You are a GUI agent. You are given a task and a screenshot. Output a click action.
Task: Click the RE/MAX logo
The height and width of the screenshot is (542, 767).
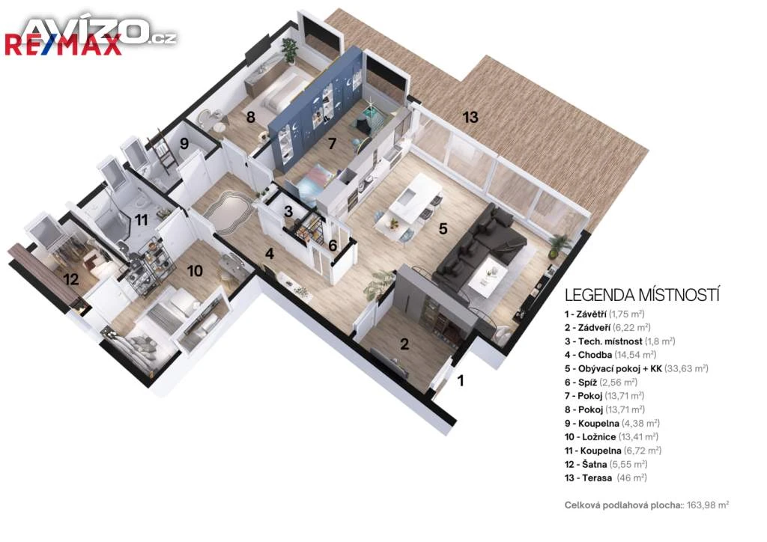coord(63,46)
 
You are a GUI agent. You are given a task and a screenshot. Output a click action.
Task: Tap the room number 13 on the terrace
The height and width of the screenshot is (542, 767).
coord(470,118)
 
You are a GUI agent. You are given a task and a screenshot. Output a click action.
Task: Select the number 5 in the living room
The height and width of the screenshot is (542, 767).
coord(443,228)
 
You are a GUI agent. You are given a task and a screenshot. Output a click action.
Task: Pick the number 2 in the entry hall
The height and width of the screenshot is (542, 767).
coord(404,344)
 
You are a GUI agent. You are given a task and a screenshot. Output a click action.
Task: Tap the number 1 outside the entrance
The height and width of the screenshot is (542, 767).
coord(461,380)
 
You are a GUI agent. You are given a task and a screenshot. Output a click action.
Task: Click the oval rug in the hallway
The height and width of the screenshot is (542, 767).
coord(228,213)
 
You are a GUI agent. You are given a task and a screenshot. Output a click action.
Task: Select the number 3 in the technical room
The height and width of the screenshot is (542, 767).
coord(288,212)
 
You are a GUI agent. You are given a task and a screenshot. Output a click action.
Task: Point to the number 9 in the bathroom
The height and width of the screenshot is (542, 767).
coord(184,143)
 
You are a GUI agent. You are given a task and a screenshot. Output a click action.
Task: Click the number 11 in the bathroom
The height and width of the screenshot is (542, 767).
coord(142,220)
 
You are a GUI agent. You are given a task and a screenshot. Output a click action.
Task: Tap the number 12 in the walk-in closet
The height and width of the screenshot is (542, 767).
coord(71,279)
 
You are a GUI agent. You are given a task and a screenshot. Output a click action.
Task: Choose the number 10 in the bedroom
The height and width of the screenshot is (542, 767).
coord(195,271)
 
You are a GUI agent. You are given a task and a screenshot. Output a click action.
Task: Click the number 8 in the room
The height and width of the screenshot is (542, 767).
coord(250,118)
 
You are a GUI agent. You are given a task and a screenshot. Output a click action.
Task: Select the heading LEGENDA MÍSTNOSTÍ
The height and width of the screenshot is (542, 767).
coord(642,295)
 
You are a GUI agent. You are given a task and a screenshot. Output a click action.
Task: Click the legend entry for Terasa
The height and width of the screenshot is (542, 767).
coord(605,478)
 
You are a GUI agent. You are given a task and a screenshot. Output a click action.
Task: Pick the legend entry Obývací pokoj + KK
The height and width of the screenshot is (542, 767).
coord(637,368)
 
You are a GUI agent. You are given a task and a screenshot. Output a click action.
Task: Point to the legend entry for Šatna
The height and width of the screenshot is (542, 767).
coord(606,464)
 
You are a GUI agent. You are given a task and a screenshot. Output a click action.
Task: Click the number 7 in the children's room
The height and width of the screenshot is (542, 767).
coord(332,144)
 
